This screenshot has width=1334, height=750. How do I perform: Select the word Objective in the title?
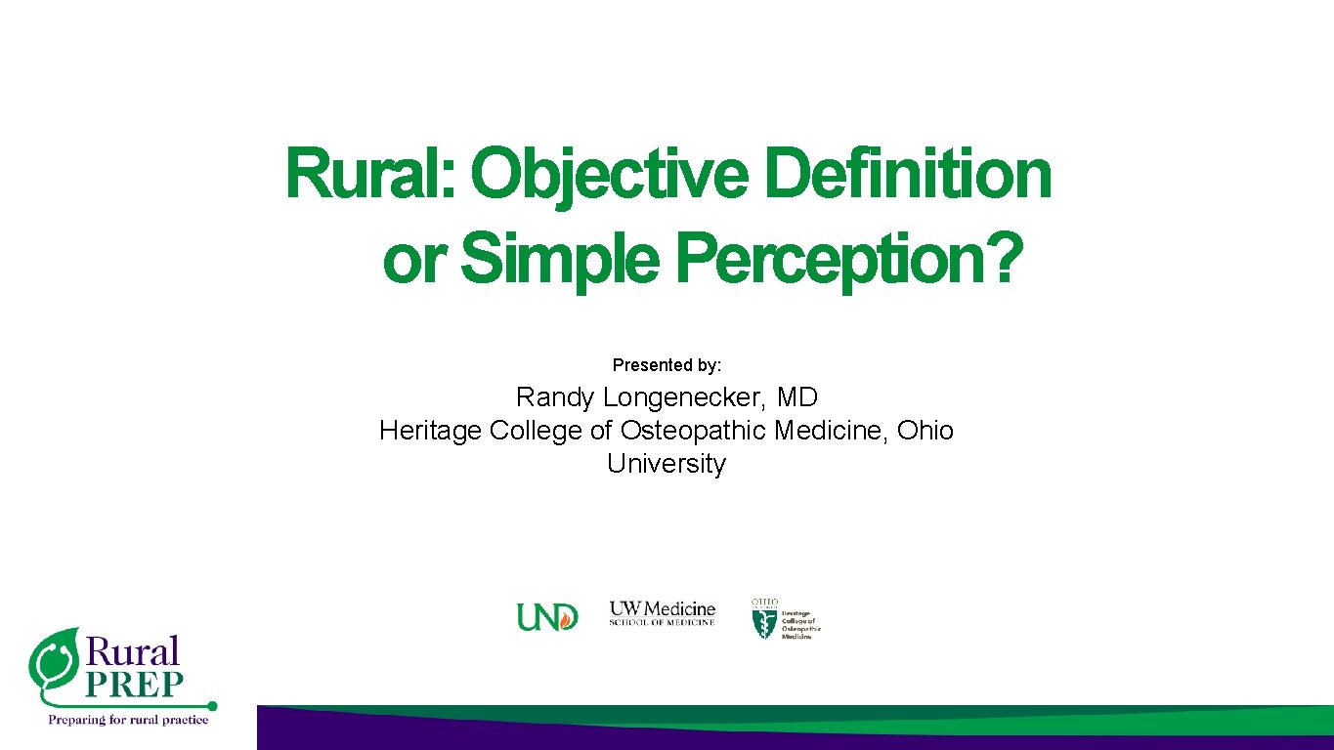pos(609,174)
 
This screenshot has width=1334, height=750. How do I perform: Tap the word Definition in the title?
pos(908,174)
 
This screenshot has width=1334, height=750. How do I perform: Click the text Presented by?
pos(667,365)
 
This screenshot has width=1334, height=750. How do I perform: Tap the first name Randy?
pos(555,397)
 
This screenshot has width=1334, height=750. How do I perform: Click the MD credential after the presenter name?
pos(797,397)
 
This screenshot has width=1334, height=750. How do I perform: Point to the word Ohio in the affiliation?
pos(925,431)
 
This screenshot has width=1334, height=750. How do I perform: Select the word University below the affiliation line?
pos(667,463)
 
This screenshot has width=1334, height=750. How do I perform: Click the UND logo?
pos(547,617)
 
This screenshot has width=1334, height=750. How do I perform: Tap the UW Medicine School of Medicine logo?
pos(663,613)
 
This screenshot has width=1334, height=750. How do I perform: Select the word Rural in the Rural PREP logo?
pos(134,651)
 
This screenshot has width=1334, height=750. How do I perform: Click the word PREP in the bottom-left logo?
pos(134,685)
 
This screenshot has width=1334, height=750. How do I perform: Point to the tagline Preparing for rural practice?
pos(129,721)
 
